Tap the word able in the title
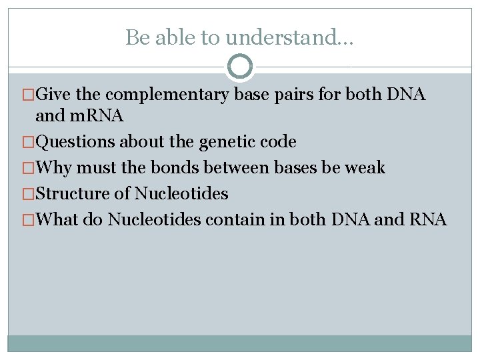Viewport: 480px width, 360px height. pyautogui.click(x=170, y=38)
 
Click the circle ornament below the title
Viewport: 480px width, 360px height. pyautogui.click(x=240, y=66)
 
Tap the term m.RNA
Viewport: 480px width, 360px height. pyautogui.click(x=95, y=117)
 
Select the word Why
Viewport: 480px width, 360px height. pyautogui.click(x=53, y=167)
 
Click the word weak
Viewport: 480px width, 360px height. pyautogui.click(x=365, y=167)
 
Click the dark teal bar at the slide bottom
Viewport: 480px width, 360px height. pyautogui.click(x=240, y=343)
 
